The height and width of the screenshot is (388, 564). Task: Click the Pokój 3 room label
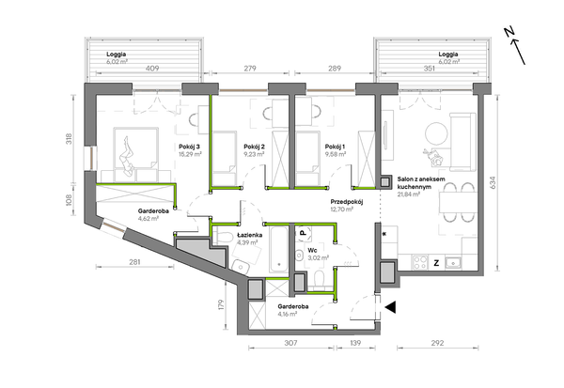tap(189, 147)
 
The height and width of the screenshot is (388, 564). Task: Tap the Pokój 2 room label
tap(255, 147)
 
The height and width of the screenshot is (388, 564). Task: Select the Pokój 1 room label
tap(335, 147)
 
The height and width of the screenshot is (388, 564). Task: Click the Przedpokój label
tap(347, 202)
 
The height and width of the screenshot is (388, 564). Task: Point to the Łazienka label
tap(250, 235)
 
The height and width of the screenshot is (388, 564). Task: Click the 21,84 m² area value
tap(409, 194)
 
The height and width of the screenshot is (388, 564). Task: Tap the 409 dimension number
tap(152, 69)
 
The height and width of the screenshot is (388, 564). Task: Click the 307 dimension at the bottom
tap(290, 343)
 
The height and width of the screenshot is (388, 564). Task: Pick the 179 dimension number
tap(221, 305)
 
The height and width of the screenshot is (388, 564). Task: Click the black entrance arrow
tap(391, 307)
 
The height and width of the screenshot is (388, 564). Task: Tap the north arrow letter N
tap(509, 32)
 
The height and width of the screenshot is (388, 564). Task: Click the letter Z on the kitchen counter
tap(436, 263)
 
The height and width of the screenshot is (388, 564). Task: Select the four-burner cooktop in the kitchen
tap(420, 262)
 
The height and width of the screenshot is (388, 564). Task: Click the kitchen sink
tap(454, 263)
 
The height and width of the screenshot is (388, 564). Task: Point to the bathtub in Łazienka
tap(279, 249)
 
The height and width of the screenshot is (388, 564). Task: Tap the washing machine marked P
tap(303, 233)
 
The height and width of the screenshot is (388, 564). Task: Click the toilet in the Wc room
tap(319, 281)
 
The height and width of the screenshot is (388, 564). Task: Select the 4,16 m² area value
tap(287, 314)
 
